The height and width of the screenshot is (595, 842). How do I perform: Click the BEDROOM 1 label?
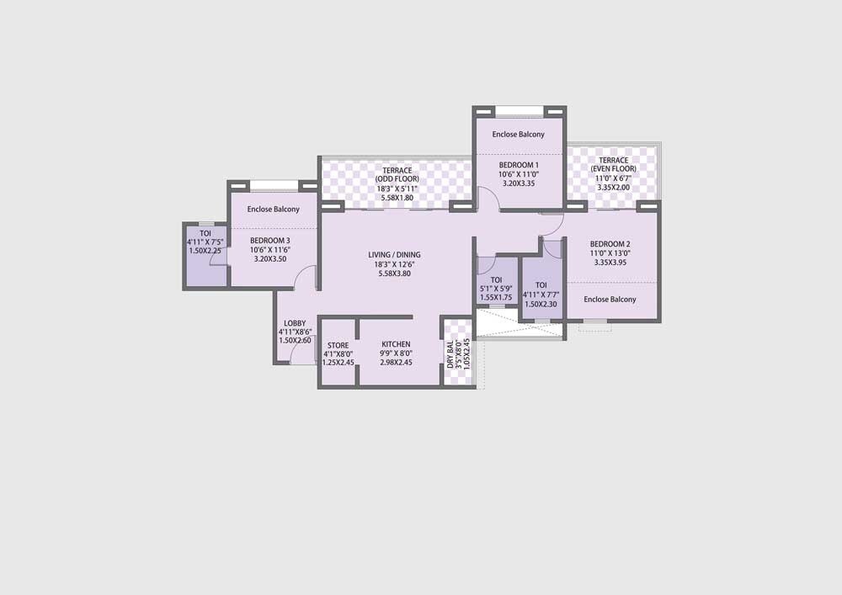(x=519, y=165)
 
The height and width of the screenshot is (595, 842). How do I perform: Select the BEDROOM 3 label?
(x=270, y=241)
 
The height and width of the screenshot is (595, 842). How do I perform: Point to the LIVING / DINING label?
(x=394, y=255)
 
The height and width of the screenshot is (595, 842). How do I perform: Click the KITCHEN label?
(x=396, y=344)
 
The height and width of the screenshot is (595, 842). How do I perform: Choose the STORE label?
(x=338, y=344)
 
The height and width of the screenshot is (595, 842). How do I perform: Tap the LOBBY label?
(x=295, y=323)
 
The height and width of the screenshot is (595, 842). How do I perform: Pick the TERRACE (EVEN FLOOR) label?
(x=613, y=164)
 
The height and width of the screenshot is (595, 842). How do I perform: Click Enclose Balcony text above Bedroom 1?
(x=519, y=135)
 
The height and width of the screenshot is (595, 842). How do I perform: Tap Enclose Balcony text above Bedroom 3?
(x=273, y=210)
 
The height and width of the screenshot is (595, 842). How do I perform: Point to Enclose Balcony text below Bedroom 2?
(x=610, y=300)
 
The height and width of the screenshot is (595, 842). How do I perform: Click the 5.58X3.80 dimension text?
(x=394, y=274)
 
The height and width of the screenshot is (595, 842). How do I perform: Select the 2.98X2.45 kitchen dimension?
(x=396, y=363)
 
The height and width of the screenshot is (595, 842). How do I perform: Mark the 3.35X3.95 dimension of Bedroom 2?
(x=610, y=263)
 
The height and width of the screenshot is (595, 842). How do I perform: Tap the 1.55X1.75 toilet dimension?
(x=496, y=298)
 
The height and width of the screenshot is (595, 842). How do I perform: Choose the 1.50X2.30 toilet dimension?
(x=541, y=304)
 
